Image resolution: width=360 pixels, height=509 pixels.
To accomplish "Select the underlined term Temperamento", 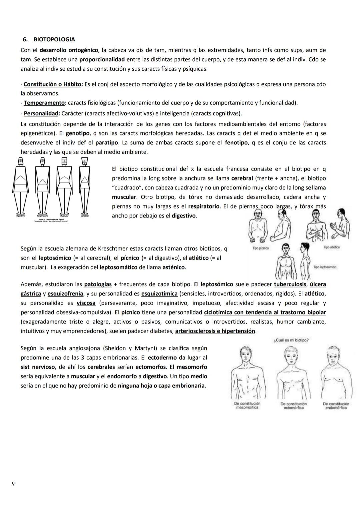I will (44, 103).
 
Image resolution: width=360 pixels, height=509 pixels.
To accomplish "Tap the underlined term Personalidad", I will (41, 113).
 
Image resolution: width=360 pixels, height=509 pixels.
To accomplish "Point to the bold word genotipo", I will (77, 133).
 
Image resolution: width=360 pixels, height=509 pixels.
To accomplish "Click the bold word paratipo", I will (107, 143).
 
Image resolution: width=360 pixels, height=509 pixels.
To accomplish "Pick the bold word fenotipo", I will (236, 143).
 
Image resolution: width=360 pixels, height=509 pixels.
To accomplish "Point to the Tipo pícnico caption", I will (261, 248).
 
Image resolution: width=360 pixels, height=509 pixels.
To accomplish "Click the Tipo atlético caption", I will (331, 247).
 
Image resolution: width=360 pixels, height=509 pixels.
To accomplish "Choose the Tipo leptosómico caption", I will (325, 267).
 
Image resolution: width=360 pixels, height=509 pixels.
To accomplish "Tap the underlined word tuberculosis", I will (290, 285).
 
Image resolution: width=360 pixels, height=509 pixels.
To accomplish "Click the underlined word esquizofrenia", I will (65, 294).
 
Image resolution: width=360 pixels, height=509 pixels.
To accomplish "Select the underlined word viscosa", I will (86, 303).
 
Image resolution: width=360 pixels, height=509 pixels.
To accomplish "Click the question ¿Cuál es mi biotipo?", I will (291, 340).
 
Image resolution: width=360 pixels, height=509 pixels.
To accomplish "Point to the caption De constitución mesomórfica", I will (247, 405).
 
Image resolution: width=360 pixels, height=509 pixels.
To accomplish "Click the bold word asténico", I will (174, 268).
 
